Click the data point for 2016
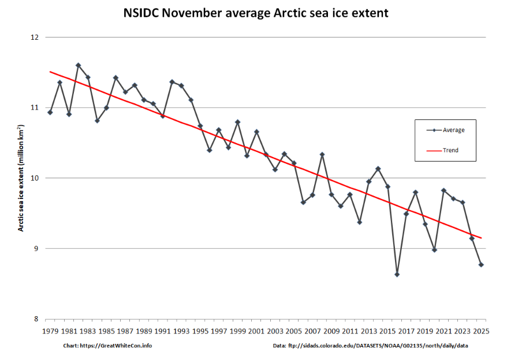click(x=397, y=275)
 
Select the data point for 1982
click(x=78, y=65)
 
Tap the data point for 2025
click(x=481, y=265)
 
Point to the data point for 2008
click(x=322, y=155)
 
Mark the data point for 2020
click(x=434, y=250)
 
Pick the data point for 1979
click(x=50, y=112)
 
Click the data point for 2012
click(x=359, y=222)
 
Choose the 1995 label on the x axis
click(x=200, y=331)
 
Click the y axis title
click(x=21, y=178)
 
